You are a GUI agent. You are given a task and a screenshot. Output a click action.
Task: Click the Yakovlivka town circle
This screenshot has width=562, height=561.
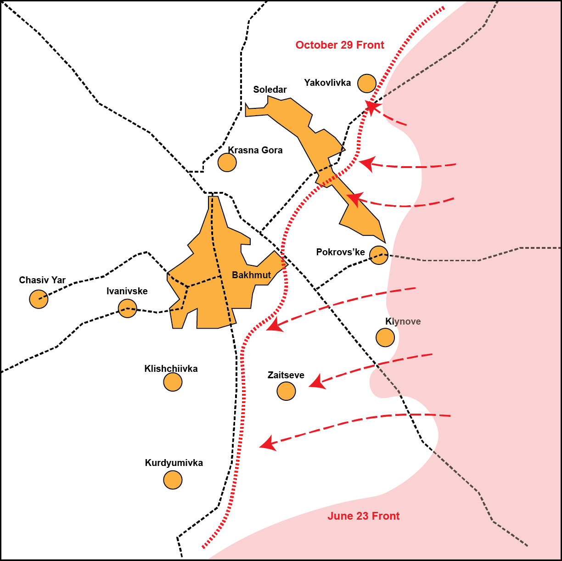(367, 83)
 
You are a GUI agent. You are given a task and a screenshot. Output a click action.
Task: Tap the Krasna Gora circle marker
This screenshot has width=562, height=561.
(227, 162)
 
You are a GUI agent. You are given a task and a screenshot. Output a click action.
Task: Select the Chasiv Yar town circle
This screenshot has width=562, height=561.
(39, 299)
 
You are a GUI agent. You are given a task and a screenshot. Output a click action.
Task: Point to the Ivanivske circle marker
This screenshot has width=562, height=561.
(127, 308)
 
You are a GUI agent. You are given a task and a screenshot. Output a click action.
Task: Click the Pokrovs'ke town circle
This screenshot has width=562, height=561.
(379, 255)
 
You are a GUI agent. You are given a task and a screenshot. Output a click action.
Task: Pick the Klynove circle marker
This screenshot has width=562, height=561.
(385, 337)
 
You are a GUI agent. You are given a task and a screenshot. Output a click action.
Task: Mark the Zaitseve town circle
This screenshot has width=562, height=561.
(286, 391)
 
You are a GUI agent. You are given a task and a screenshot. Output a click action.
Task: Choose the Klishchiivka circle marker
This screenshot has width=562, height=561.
(173, 381)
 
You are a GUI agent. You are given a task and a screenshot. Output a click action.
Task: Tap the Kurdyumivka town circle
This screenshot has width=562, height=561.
(173, 480)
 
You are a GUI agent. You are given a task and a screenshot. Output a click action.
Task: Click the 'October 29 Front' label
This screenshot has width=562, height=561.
(340, 45)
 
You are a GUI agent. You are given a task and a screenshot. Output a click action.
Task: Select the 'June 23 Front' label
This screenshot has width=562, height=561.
(363, 516)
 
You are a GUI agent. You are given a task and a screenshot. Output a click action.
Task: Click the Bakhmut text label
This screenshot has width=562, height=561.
(251, 275)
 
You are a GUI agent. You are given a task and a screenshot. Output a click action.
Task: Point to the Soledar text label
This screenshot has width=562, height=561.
(270, 90)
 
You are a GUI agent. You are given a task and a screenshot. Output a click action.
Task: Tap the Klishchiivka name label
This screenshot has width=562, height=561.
(171, 369)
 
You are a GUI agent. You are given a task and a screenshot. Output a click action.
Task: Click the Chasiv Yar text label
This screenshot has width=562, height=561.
(42, 280)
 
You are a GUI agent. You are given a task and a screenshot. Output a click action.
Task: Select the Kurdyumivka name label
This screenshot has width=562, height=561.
(174, 463)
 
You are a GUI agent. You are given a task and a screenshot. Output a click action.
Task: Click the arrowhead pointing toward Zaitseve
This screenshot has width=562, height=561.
(316, 382)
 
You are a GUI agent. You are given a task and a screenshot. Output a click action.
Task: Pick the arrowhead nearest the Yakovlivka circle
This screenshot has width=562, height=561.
(372, 108)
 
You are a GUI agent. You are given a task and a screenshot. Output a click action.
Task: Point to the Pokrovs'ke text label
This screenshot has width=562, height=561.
(340, 252)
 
